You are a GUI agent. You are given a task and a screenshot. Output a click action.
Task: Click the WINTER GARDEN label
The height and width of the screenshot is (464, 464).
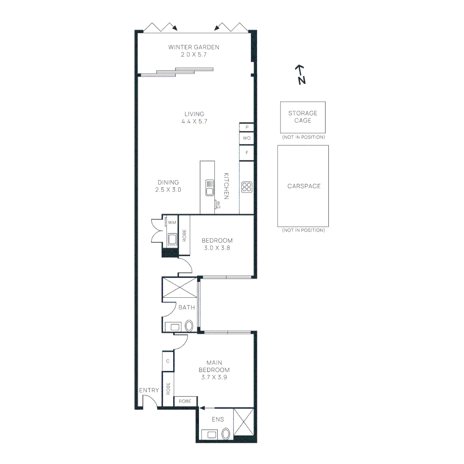[193, 47]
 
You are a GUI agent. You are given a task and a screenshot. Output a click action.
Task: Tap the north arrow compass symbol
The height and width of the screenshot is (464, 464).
[301, 75]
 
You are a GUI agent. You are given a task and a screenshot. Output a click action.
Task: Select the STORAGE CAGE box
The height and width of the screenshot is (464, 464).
[303, 117]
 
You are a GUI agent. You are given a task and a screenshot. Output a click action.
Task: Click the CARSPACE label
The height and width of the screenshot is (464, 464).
[304, 186]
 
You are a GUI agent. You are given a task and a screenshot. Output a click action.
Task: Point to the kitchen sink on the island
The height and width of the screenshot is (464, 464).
[210, 188]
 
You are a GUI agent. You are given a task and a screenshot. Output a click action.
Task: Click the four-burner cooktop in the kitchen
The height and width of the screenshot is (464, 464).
[247, 187]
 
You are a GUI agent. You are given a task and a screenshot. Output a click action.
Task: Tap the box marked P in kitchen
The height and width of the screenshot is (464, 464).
[247, 127]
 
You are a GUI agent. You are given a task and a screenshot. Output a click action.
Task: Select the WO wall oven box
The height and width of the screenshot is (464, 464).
[247, 138]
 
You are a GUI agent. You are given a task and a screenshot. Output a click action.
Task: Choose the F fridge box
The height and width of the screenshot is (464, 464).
[247, 153]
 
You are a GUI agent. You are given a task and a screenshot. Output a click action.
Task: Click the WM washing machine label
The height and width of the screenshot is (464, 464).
[172, 222]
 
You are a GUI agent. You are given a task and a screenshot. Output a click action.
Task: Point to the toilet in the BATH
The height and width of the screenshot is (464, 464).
[189, 326]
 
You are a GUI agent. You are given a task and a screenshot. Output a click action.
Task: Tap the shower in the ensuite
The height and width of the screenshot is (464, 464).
[244, 422]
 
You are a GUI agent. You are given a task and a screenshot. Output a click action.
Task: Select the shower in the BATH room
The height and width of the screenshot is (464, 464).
[180, 287]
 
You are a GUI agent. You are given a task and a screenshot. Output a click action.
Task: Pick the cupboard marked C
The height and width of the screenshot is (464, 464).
[168, 361]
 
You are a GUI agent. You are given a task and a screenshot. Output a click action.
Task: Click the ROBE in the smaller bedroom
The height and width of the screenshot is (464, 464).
[184, 235]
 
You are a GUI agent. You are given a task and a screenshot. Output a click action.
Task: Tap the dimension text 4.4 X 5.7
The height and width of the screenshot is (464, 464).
[194, 121]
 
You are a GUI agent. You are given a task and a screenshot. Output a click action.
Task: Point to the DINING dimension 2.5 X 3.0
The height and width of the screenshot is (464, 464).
[168, 190]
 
